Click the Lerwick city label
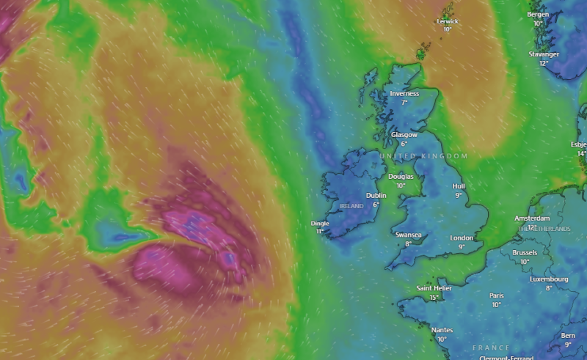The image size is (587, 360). pos(447,21)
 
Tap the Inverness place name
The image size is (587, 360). pos(404,94)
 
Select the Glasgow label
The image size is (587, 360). pos(404,135)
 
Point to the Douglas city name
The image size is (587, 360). pos(401,177)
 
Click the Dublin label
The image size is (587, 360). pos(376,196)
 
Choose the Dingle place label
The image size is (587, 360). pos(320,223)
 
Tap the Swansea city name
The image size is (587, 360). pos(408,235)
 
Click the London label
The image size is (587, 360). pos(462,238)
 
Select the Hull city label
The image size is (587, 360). pos(459,186)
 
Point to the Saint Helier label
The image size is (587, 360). pos(434,288)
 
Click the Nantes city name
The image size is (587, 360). pos(442,330)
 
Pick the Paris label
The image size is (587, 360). pos(496,295)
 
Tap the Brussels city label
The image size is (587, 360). pos(525,253)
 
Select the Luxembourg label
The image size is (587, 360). pos(549,279)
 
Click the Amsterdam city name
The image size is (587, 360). pos(532,218)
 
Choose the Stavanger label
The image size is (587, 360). pos(544,54)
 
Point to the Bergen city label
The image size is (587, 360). pos(538,15)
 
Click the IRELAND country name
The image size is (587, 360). pos(351,207)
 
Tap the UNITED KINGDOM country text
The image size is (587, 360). pos(424,156)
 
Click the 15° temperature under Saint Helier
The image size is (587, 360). pos(434,297)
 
